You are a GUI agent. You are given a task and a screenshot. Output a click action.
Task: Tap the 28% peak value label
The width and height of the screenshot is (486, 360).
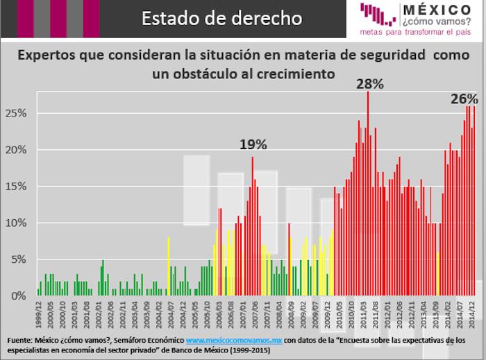pos(370,84)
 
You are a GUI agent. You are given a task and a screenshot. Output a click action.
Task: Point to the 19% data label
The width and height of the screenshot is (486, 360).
pos(253,144)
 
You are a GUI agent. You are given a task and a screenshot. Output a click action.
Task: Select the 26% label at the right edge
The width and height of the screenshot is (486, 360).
pos(464,99)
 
